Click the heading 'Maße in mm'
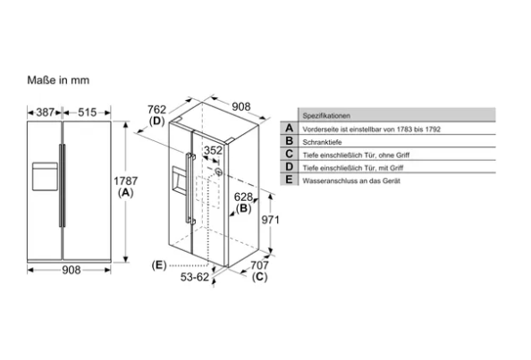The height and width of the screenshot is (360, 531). coord(58,80)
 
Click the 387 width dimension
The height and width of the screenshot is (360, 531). coord(45,112)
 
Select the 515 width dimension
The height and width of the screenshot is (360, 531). coord(87,112)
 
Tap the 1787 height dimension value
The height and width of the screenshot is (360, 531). coord(125,181)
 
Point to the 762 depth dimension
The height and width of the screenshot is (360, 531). coord(156,110)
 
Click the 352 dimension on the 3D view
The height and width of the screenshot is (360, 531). coord(213,150)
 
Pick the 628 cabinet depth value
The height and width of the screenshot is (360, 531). coord(243,197)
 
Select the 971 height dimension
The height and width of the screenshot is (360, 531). coord(270,220)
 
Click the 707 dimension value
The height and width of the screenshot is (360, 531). coord(259,265)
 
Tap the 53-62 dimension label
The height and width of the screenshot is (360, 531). coord(195,277)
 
